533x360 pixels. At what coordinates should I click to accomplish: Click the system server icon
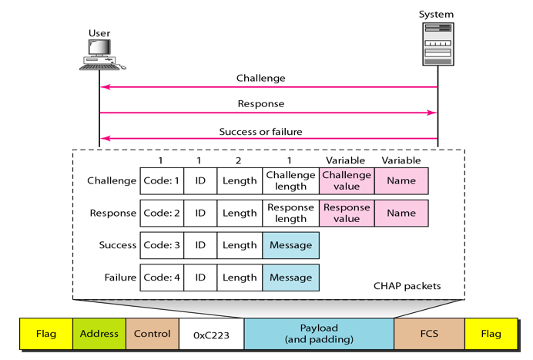coord(437,44)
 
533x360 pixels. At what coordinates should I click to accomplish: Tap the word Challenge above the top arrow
coord(260,78)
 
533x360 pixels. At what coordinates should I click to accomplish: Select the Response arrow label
coord(261,103)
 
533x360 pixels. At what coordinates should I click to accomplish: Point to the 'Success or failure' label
coord(260,131)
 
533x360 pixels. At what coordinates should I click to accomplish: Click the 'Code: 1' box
coord(162,180)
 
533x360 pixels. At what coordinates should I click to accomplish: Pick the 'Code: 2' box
coord(162,213)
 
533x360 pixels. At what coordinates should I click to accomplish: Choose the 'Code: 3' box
coord(162,245)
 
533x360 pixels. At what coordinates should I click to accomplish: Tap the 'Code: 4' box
coord(162,278)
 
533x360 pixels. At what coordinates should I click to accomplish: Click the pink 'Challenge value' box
coord(347,180)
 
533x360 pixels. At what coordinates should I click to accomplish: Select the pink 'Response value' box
coord(347,213)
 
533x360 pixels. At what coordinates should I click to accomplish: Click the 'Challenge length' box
coord(290,180)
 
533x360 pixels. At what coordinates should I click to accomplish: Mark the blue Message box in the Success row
coord(290,245)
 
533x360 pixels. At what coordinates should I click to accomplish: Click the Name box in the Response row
coord(401,213)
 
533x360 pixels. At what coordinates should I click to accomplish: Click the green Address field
coord(99,334)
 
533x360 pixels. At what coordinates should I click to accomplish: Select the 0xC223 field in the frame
coord(212,335)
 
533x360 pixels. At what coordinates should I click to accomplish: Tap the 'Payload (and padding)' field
coord(319,334)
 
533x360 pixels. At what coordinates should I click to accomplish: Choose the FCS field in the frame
coord(429,335)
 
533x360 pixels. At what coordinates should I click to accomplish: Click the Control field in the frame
coord(153,334)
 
